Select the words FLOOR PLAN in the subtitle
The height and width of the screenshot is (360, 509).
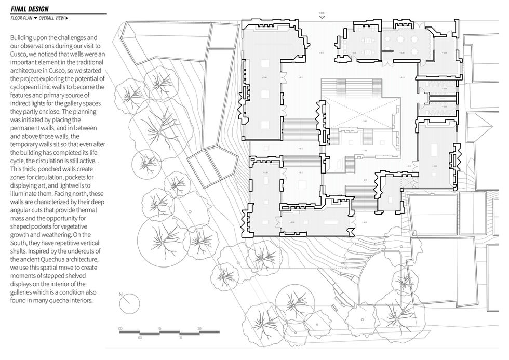21,18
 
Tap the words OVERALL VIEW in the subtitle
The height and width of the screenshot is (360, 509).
51,18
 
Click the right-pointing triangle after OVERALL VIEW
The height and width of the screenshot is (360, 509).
67,18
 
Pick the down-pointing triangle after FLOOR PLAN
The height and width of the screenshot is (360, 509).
35,18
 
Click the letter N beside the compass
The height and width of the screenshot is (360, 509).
120,295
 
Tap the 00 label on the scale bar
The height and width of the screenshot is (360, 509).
120,328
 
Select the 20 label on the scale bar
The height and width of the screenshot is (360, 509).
199,328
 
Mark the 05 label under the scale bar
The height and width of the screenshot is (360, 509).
140,338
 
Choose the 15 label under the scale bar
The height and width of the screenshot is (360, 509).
180,338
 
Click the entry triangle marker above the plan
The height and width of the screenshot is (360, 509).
322,17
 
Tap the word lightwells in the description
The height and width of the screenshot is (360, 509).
77,185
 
